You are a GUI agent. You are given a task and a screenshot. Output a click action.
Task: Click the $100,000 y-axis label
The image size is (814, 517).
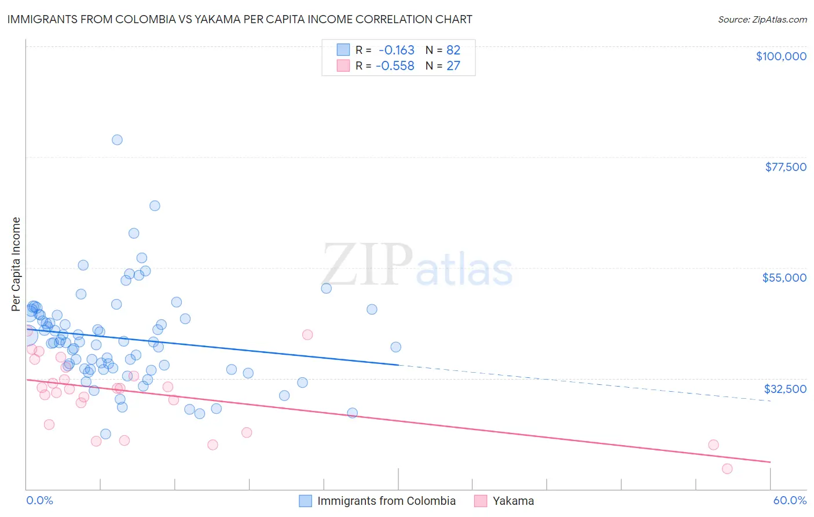click(x=781, y=56)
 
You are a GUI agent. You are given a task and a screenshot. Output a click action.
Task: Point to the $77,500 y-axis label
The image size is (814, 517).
click(x=785, y=167)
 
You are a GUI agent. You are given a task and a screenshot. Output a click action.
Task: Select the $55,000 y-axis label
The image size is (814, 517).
click(x=784, y=278)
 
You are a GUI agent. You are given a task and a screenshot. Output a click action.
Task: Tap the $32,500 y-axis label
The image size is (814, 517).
click(x=785, y=389)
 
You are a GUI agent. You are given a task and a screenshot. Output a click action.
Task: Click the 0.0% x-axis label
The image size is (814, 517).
click(x=39, y=500)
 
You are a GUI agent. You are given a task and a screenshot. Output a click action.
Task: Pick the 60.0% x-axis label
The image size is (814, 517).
click(x=789, y=500)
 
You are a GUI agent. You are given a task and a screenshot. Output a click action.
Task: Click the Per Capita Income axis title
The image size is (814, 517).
click(x=16, y=264)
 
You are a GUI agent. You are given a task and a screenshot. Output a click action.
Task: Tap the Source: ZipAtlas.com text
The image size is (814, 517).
click(x=762, y=19)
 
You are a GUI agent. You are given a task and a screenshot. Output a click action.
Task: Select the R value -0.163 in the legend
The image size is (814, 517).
click(x=396, y=50)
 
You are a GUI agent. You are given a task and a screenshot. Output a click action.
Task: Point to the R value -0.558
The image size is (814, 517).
click(x=395, y=66)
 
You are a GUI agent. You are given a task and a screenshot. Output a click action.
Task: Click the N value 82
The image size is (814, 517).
click(x=453, y=50)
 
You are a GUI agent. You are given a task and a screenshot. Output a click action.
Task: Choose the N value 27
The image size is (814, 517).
click(x=453, y=66)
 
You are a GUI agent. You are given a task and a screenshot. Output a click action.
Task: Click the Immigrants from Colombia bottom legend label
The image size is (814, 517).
click(x=386, y=501)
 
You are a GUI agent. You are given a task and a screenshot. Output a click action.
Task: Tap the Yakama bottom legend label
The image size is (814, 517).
click(x=513, y=501)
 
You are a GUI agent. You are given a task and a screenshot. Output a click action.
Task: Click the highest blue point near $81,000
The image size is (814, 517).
click(x=117, y=140)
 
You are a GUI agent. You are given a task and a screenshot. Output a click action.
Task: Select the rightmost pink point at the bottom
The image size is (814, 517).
click(x=727, y=469)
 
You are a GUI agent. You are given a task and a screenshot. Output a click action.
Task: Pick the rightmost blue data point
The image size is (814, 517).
click(x=396, y=347)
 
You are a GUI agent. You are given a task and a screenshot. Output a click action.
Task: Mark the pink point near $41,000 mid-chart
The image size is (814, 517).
click(x=307, y=334)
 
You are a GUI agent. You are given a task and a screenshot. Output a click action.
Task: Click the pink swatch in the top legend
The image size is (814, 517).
click(x=343, y=65)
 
